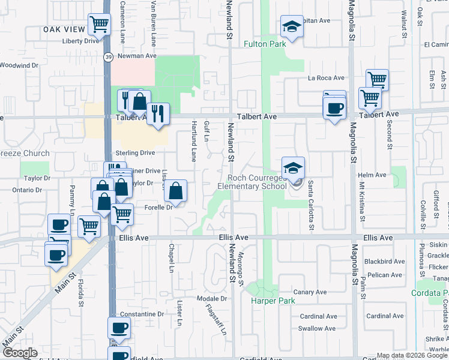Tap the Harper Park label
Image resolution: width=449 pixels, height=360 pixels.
266,301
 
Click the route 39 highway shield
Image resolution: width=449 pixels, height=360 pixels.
107,57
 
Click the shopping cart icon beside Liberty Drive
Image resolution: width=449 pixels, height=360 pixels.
99,24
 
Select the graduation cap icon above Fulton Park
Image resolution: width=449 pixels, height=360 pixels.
292,26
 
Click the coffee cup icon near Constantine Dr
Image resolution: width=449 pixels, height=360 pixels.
119,328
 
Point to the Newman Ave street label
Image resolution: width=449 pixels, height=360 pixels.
137,56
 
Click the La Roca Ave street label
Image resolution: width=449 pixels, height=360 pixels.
326,78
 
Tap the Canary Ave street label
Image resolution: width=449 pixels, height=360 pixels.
310,292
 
